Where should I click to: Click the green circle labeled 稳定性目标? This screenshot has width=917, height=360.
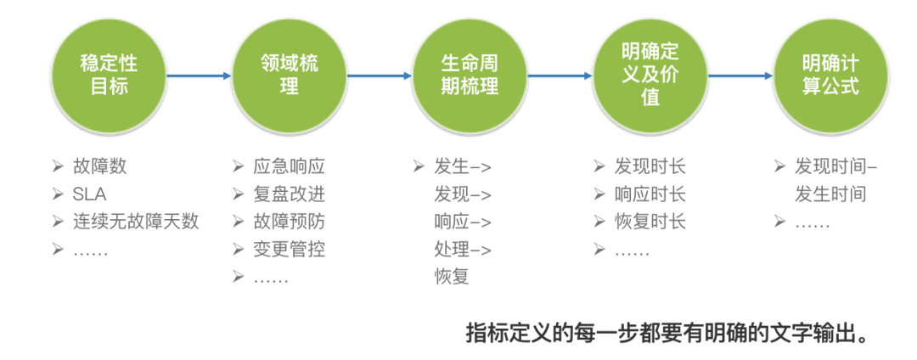pos(108,75)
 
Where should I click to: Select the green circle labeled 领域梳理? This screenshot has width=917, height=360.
pos(289,75)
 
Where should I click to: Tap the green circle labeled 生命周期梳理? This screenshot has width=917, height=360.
pos(470,75)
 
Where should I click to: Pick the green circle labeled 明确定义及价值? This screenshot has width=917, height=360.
pos(650,75)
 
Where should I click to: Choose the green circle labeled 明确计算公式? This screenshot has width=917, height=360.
pos(830,75)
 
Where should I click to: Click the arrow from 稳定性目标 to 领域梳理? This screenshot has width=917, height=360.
pos(199,76)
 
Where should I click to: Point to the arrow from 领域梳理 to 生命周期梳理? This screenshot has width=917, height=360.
pos(380,76)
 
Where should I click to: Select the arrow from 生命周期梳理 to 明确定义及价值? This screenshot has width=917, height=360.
pos(560,76)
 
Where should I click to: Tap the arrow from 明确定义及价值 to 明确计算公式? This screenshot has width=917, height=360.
pos(740,76)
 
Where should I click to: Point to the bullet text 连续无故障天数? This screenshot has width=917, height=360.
pos(136,222)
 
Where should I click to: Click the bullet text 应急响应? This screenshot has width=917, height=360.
pos(289,166)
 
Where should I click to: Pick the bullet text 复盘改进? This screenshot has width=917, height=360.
pos(289,194)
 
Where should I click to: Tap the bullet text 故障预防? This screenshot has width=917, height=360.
pos(289,222)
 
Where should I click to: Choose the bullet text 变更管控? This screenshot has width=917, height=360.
pos(289,250)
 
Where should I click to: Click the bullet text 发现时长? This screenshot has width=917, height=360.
pos(650,166)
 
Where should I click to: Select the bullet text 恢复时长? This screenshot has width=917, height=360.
pos(650,222)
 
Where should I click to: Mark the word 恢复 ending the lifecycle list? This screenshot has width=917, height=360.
pos(451,277)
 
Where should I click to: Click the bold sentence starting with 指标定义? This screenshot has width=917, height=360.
pos(668,332)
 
